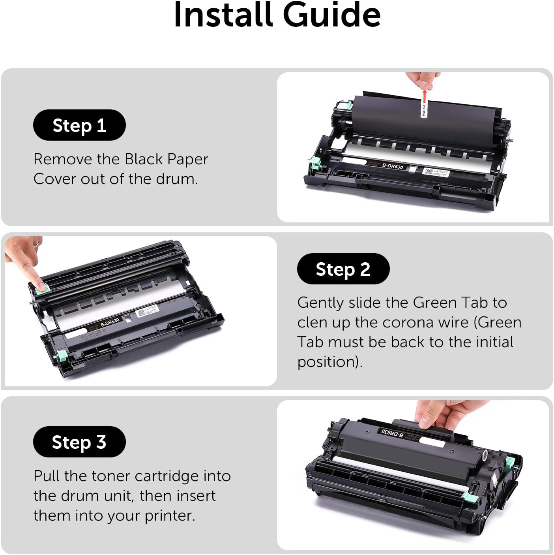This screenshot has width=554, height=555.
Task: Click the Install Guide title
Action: pos(277,15)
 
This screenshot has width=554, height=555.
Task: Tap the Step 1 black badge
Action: pos(79,125)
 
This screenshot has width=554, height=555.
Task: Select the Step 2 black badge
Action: pos(343,269)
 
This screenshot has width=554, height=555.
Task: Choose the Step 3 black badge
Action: pos(79,442)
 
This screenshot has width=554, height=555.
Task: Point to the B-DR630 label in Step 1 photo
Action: pos(393,166)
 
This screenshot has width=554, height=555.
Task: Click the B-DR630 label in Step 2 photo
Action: pos(110,322)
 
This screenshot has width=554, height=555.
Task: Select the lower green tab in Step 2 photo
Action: pos(62,356)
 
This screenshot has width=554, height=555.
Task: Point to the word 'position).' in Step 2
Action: pos(330,362)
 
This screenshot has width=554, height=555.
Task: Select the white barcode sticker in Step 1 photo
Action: pos(436,173)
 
